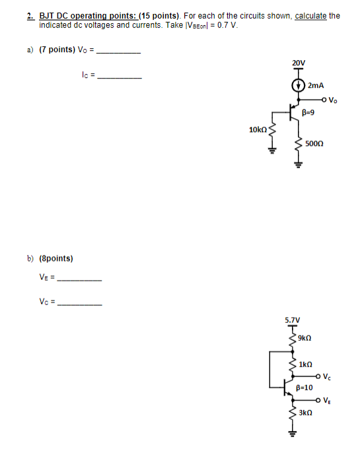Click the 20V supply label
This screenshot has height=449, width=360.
pos(298,63)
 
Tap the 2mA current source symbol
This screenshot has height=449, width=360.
pos(298,86)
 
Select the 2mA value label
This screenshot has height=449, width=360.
pos(316,86)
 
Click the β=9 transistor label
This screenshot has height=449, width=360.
pos(307,112)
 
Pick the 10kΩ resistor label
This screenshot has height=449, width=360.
pos(258,130)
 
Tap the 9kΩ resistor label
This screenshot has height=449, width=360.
pos(305,338)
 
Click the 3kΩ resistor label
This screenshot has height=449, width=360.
pos(305,412)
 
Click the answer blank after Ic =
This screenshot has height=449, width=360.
pos(119,77)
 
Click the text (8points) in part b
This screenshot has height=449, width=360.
pos(59,258)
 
